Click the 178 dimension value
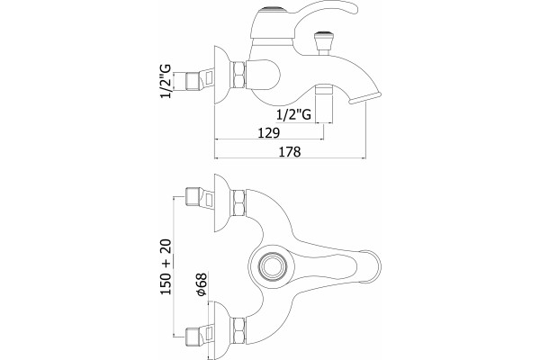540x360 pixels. [290, 151]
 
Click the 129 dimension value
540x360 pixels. [269, 132]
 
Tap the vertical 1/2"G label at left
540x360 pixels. [166, 81]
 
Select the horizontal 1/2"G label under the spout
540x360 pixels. [293, 114]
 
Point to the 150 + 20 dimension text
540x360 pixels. [166, 266]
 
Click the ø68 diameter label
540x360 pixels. [202, 284]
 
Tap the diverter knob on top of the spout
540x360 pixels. [323, 43]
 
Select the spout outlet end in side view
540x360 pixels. [365, 97]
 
